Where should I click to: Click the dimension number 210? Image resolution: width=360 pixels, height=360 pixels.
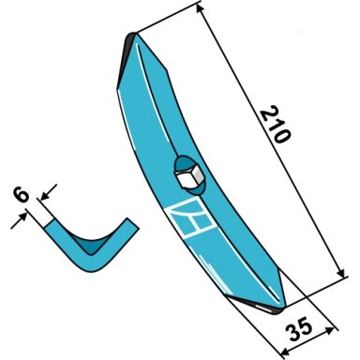276,125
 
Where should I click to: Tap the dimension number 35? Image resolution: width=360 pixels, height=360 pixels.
300,329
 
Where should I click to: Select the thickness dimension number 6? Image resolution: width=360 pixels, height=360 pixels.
21,195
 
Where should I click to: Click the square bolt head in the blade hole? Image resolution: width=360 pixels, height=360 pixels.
188,176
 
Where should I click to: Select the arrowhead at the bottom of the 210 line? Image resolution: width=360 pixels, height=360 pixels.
341,273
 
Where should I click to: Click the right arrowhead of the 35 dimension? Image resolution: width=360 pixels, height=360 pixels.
330,330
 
